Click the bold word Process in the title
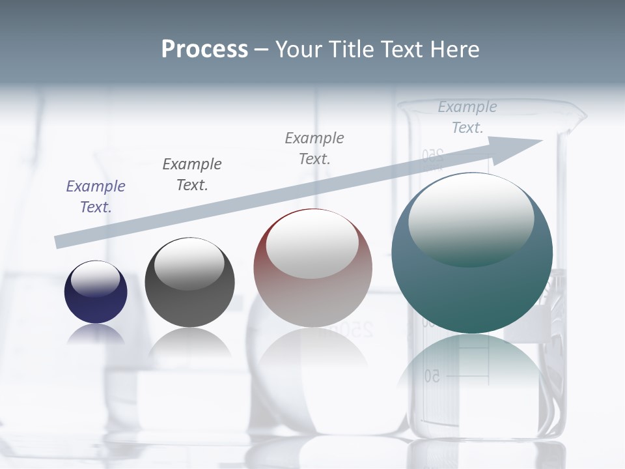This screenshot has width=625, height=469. click(x=204, y=50)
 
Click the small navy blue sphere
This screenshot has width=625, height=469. click(x=96, y=292)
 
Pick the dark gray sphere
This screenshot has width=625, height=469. click(x=189, y=282)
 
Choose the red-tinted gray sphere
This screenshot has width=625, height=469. click(x=312, y=268)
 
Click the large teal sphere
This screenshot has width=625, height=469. click(x=472, y=253)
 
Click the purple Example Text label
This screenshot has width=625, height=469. click(x=96, y=197)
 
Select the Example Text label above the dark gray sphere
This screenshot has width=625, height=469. click(x=191, y=175)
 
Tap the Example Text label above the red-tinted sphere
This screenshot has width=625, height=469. click(x=314, y=148)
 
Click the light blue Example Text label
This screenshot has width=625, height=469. click(x=467, y=117)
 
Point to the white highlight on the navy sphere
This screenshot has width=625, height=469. click(x=95, y=278)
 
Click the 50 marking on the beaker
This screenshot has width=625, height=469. click(x=432, y=376)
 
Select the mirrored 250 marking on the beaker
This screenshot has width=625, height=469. click(x=432, y=155)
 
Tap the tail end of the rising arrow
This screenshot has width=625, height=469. click(x=60, y=242)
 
